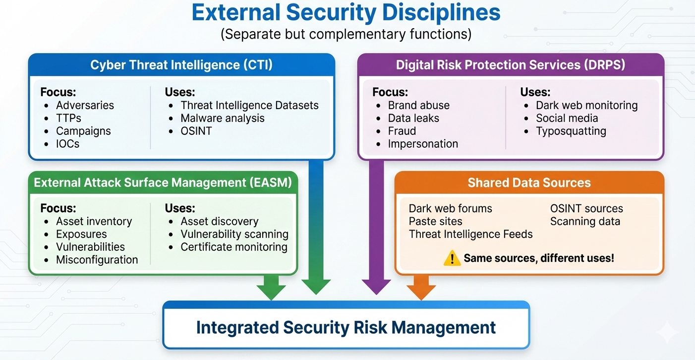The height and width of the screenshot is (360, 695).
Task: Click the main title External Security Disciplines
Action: [346, 13]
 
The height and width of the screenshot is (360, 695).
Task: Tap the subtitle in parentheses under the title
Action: [346, 35]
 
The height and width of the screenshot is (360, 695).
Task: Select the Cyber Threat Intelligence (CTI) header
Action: [181, 65]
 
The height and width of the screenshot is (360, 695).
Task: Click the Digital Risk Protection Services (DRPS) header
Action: [511, 65]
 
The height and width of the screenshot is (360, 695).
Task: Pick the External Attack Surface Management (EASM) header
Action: [163, 182]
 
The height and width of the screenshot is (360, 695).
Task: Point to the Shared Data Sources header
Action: [529, 182]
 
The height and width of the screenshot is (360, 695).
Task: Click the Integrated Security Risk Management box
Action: [346, 327]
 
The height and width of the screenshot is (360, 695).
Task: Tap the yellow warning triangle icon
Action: [452, 258]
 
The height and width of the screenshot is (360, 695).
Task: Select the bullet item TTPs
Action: [68, 118]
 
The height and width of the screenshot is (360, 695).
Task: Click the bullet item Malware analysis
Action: [223, 118]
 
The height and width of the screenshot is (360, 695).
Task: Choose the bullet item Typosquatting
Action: [571, 131]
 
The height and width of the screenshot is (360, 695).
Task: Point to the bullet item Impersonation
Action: [423, 144]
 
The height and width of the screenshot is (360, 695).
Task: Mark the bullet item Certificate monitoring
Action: [234, 247]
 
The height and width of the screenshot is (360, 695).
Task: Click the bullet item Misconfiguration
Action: [97, 260]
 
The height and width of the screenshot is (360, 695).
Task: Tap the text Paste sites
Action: [435, 221]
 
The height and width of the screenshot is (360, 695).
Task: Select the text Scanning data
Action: [585, 221]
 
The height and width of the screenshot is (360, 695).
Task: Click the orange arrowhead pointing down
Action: [421, 291]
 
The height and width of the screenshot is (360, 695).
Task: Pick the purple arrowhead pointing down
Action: [376, 287]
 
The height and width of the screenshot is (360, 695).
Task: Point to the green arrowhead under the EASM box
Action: [271, 291]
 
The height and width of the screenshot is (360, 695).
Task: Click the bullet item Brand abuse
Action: [418, 105]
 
